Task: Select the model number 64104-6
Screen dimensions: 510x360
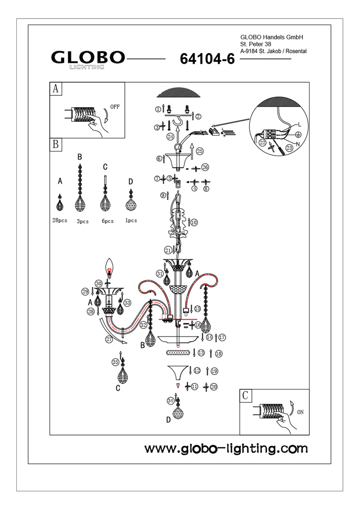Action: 207,59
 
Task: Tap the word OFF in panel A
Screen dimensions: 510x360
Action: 115,108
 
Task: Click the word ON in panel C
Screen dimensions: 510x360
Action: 300,413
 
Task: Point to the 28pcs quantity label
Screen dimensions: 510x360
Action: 60,221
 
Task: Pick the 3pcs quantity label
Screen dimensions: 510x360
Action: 82,221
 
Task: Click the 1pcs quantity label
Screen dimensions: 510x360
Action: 131,221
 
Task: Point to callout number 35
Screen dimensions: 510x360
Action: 116,362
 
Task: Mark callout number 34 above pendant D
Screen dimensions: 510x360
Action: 170,401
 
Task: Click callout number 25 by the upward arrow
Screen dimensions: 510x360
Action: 199,151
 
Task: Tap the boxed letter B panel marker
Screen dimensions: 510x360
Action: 55,144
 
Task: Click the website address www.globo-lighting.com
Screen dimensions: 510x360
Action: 226,449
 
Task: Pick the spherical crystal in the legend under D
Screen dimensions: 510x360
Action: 131,204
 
